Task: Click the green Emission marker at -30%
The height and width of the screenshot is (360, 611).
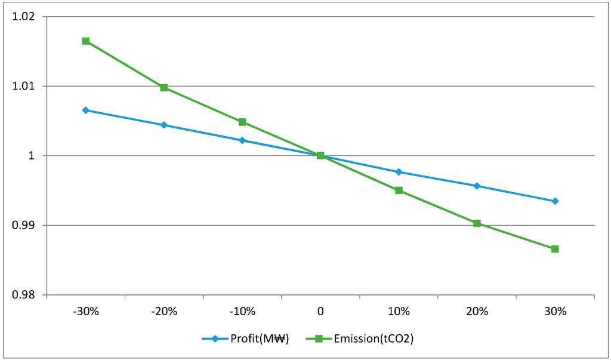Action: point(86,41)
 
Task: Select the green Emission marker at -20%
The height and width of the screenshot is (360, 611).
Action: point(164,88)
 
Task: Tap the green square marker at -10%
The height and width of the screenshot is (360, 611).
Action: point(242,122)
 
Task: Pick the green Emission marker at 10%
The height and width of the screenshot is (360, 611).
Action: point(399,190)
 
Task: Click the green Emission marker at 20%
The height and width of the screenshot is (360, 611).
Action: point(477,223)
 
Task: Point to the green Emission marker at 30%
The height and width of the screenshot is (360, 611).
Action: point(555,249)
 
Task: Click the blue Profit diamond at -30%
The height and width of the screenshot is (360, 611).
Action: point(86,110)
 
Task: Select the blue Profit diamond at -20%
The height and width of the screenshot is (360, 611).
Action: point(164,125)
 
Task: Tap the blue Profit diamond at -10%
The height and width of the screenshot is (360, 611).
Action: point(242,140)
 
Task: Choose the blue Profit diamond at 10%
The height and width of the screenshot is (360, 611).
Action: point(399,172)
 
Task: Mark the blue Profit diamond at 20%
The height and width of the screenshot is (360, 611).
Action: point(477,186)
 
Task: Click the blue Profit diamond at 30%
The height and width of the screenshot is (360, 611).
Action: point(555,201)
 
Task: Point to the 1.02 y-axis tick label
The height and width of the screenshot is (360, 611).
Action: point(24,17)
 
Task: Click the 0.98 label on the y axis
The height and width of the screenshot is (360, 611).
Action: point(24,295)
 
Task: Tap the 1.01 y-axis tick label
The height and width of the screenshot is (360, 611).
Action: point(24,87)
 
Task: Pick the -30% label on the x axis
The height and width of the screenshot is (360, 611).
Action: point(86,312)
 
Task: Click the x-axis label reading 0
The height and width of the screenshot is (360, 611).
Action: point(320,312)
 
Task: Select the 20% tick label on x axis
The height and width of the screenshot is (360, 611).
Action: point(477,312)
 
